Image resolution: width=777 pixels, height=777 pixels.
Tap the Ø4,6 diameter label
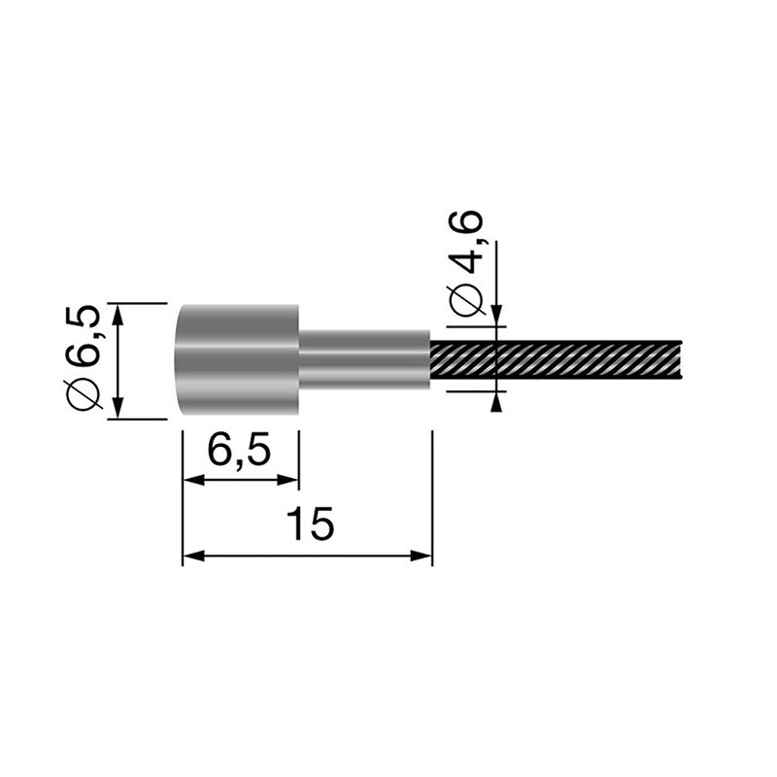pyautogui.click(x=465, y=263)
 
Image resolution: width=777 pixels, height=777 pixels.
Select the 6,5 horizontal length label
pyautogui.click(x=240, y=450)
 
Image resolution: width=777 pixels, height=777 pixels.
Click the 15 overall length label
pyautogui.click(x=311, y=524)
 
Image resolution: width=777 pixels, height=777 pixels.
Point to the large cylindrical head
pyautogui.click(x=239, y=360)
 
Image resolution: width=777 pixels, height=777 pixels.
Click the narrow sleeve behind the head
pyautogui.click(x=364, y=360)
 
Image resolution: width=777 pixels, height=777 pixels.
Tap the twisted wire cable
pyautogui.click(x=556, y=360)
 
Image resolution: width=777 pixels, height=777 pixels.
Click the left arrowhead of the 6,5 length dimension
pyautogui.click(x=193, y=480)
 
